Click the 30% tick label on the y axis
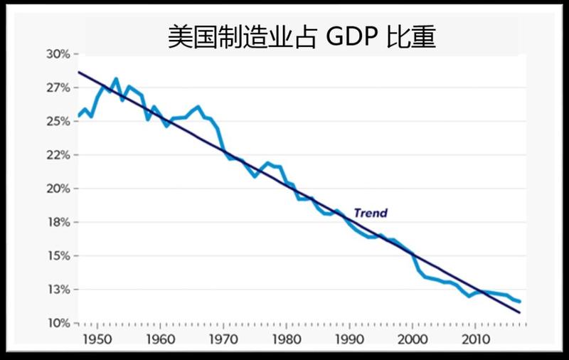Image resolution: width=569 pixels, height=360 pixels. tap(58, 54)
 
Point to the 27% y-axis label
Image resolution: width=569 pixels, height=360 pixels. tap(58, 88)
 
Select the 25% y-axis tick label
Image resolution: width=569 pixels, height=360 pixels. tap(58, 122)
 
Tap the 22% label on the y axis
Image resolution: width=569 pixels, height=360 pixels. tap(58, 155)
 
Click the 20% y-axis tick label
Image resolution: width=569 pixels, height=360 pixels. tap(58, 189)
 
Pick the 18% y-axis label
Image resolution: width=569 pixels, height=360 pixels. tap(58, 223)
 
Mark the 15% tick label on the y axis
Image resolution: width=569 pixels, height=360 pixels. tap(58, 256)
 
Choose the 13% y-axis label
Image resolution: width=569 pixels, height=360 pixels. tap(58, 290)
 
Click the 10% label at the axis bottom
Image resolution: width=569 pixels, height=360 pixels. tap(58, 324)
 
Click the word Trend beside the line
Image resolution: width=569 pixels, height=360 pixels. tap(371, 213)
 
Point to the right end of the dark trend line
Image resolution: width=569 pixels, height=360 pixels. tap(520, 312)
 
